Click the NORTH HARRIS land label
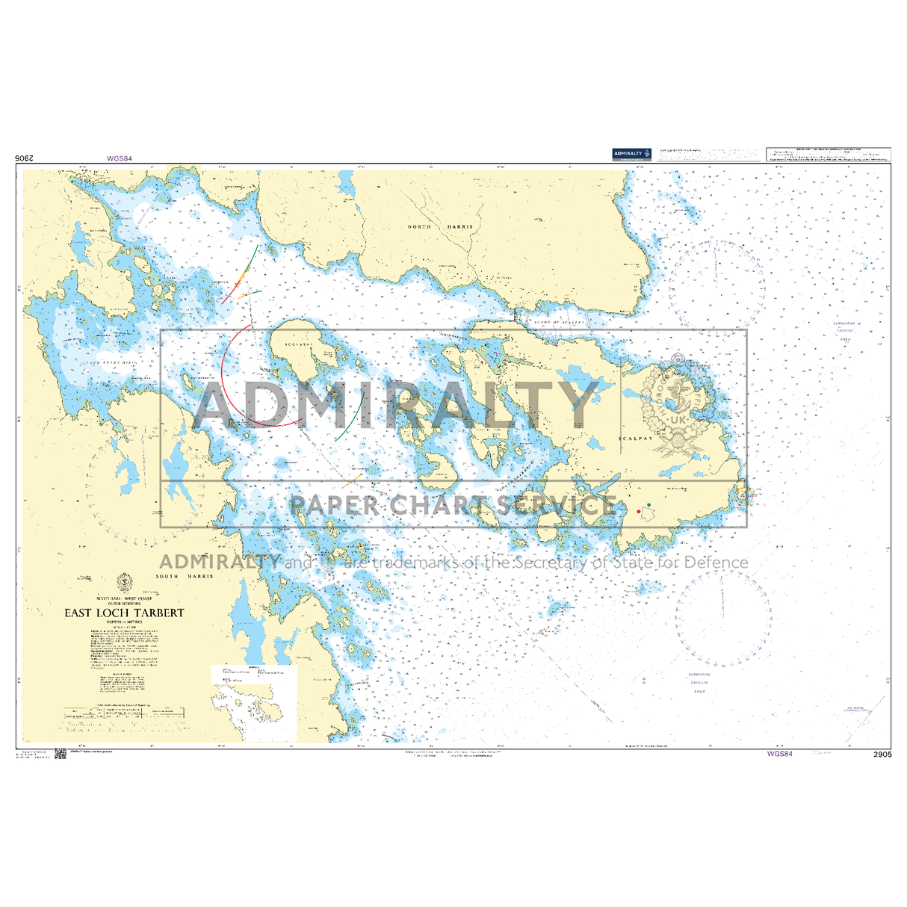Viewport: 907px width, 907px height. [x=440, y=226]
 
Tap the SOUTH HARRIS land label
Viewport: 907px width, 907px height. [x=185, y=576]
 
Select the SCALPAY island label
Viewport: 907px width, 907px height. [x=636, y=439]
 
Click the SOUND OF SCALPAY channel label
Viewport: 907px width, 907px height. [x=557, y=322]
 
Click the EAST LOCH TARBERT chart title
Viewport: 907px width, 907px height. [x=124, y=613]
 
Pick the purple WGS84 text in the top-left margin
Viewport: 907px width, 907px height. [x=120, y=158]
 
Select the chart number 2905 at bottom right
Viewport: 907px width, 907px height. [x=882, y=755]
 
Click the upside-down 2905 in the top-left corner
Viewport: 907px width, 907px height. [x=25, y=158]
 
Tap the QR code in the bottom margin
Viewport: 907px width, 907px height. [x=61, y=754]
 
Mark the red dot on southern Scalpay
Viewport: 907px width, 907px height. [x=638, y=512]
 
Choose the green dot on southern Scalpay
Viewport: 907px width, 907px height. [x=649, y=506]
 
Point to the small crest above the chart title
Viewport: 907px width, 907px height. [x=123, y=581]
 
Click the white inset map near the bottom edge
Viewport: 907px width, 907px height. [x=254, y=702]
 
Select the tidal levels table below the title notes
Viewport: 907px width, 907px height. [x=123, y=713]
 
